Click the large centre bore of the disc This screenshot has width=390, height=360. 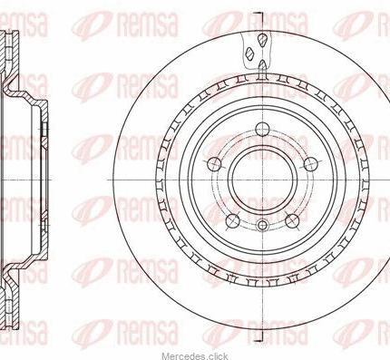[262, 180]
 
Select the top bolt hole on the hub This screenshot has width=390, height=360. [262, 130]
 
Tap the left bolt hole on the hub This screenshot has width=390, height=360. [214, 164]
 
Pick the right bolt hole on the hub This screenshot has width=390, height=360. [311, 164]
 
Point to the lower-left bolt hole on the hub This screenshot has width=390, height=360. [233, 221]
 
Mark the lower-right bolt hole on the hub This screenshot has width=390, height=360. [292, 221]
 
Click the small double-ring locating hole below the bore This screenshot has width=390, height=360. [262, 225]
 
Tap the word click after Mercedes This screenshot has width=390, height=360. [218, 356]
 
